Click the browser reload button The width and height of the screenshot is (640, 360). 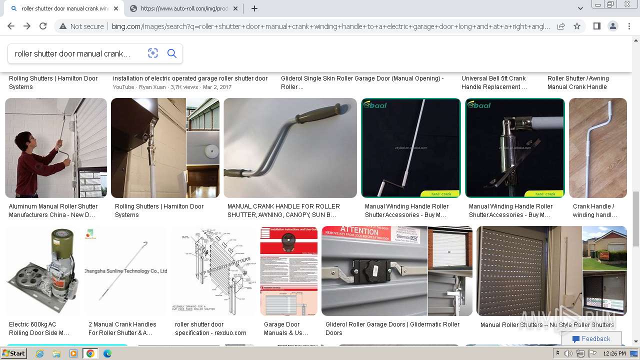click(43, 26)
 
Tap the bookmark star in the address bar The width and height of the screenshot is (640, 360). click(577, 26)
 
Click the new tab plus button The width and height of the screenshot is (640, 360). click(254, 8)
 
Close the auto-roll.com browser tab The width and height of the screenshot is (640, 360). click(235, 8)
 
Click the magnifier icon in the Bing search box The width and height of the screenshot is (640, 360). click(171, 53)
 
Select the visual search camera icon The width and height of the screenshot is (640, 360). click(153, 53)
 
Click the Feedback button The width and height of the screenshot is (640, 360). click(591, 338)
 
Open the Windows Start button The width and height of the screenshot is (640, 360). click(13, 353)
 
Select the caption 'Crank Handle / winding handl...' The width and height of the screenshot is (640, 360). click(594, 210)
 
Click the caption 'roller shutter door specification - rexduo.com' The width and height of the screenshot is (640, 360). click(210, 328)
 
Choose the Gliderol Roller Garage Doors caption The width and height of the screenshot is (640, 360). click(392, 328)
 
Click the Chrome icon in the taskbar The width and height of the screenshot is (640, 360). click(90, 353)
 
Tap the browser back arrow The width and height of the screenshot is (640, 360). click(11, 26)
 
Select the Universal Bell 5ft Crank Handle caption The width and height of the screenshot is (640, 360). click(493, 82)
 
